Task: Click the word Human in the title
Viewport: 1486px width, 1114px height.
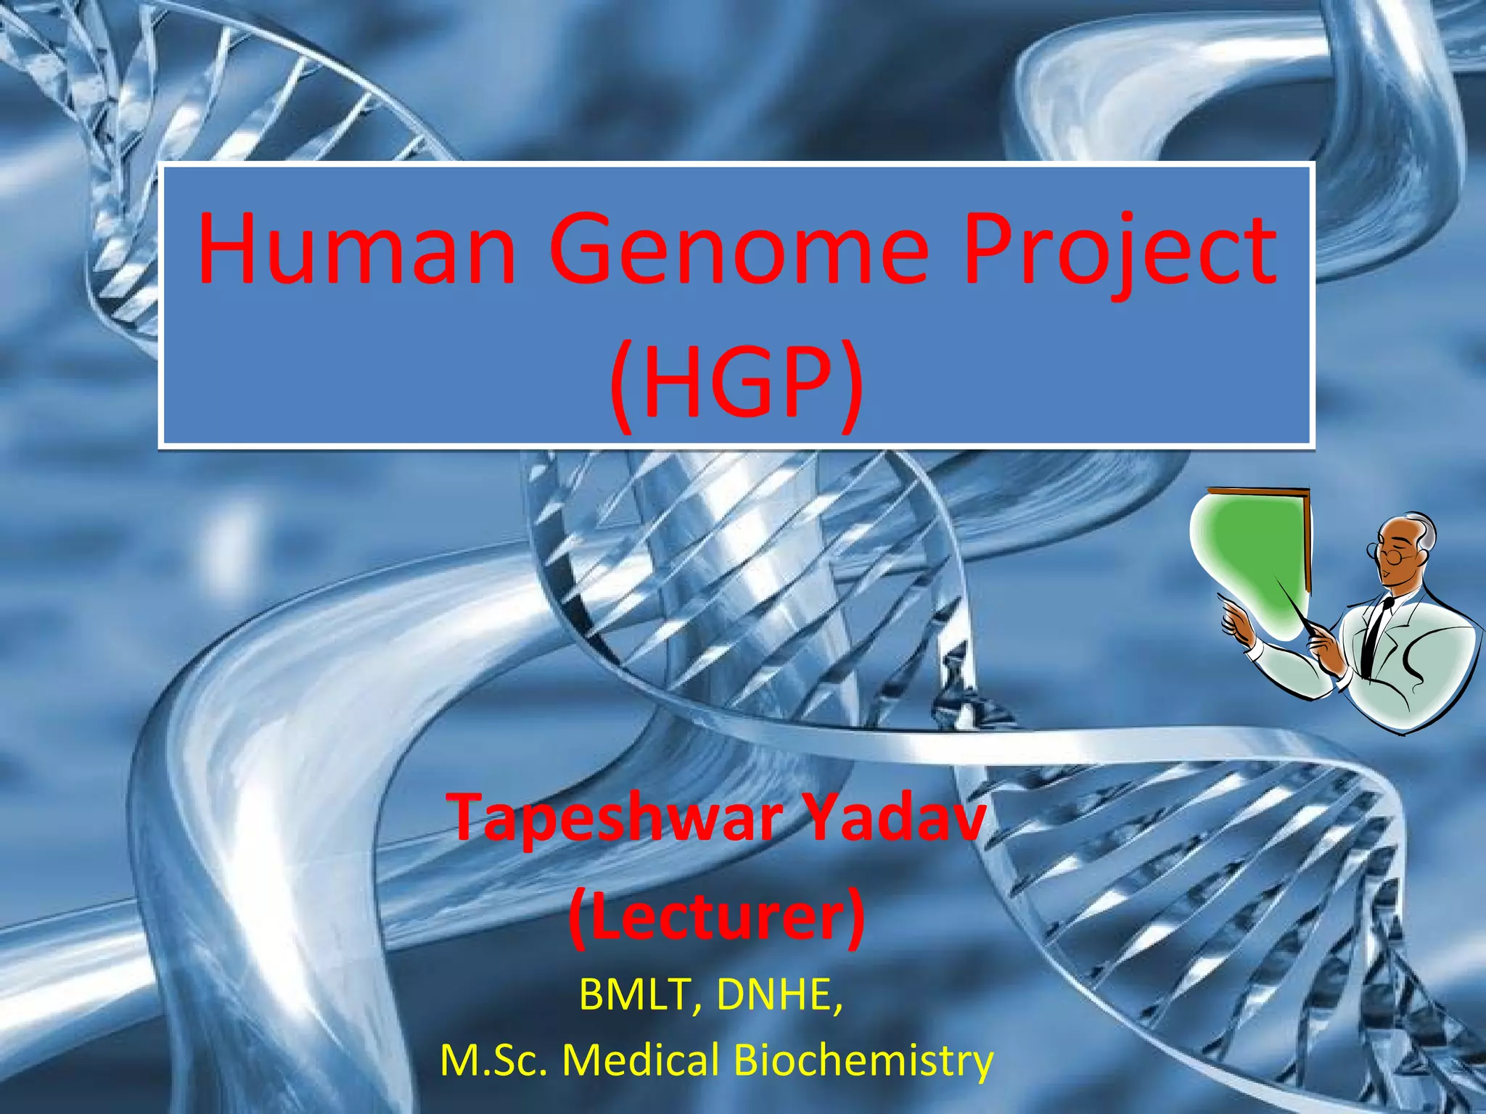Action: pos(356,250)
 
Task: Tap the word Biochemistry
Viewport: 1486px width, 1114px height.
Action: pos(863,1060)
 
